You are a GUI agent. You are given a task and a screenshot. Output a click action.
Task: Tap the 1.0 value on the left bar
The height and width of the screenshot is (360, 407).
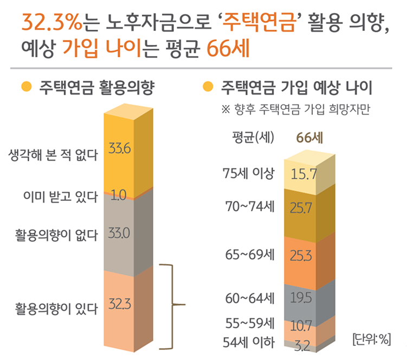(x=118, y=195)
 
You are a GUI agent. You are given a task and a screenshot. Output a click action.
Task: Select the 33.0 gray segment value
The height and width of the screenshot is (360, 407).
(x=118, y=234)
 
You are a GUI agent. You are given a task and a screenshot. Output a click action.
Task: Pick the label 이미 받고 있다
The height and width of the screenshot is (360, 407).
(x=60, y=196)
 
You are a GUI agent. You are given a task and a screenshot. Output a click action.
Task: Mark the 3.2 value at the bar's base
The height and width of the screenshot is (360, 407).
(x=301, y=344)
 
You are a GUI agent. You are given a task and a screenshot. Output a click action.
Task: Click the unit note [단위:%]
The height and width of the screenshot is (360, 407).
(x=371, y=339)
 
